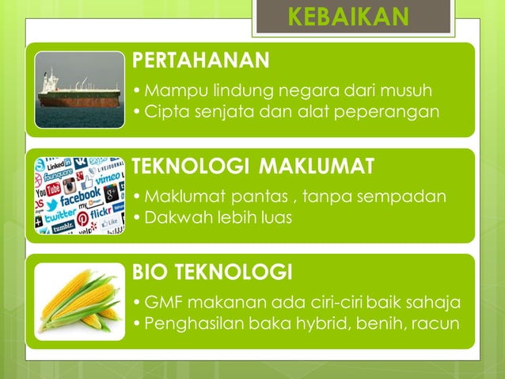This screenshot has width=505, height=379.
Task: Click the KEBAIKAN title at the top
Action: click(348, 17)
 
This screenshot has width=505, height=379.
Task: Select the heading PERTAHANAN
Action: click(200, 59)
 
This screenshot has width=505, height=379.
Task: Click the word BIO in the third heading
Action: click(150, 274)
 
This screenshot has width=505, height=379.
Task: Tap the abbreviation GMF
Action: click(162, 303)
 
